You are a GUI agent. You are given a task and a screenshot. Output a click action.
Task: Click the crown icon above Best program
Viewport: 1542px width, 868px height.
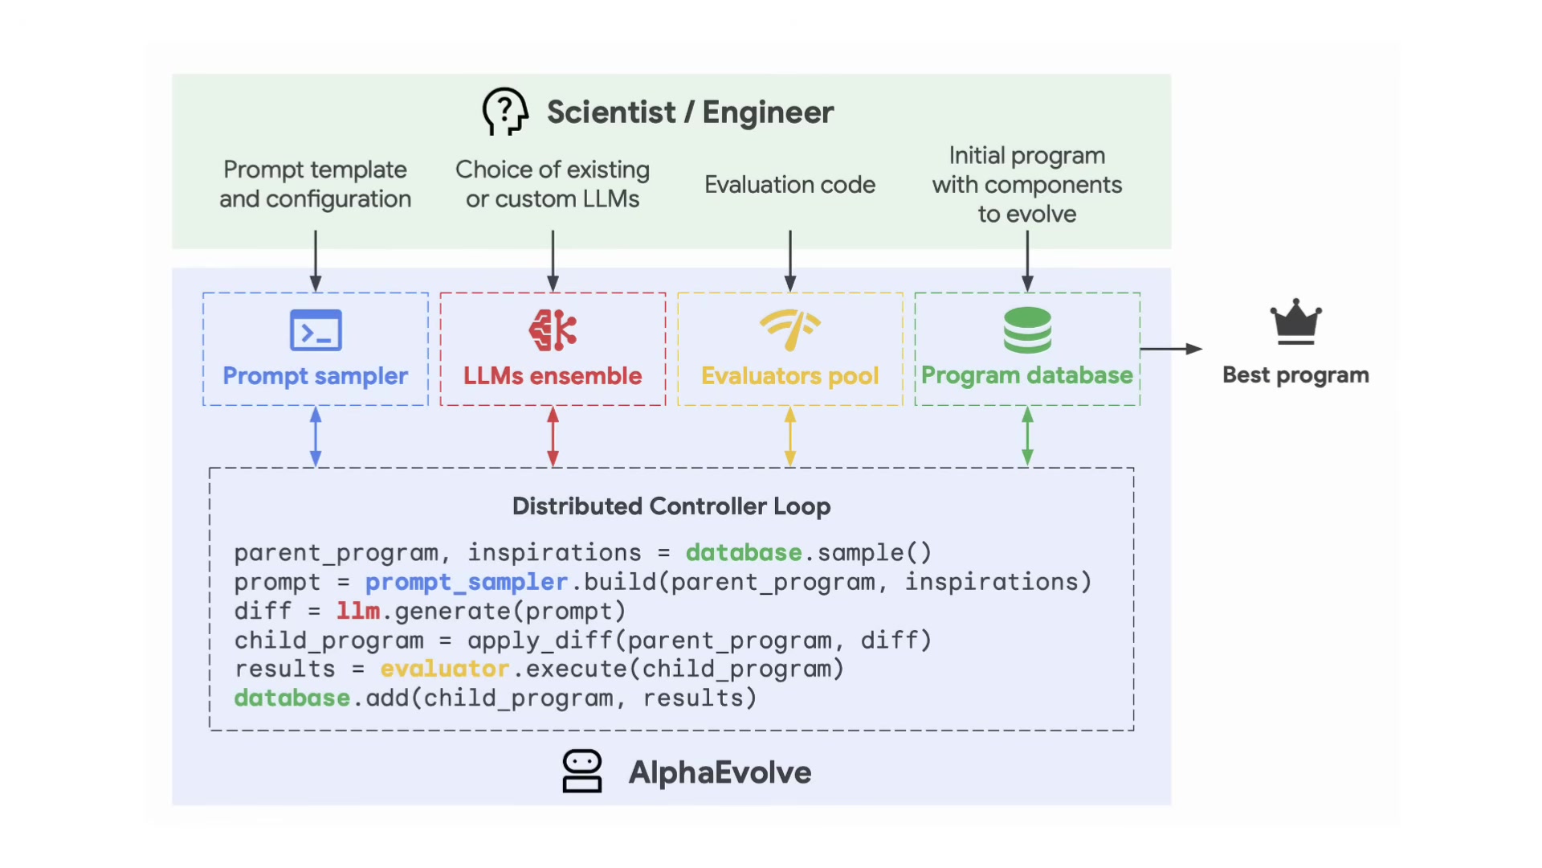(1295, 322)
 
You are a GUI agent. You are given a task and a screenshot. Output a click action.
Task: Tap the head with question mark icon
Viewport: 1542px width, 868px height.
(505, 111)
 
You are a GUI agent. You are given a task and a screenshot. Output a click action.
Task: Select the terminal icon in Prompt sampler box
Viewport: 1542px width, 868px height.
(316, 330)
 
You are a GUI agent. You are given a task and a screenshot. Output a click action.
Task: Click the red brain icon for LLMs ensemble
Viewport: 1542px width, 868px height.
(553, 330)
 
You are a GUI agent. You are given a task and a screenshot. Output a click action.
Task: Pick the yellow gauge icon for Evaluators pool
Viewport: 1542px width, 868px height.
(790, 330)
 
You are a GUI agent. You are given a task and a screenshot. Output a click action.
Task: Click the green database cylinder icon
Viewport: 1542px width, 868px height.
(1027, 330)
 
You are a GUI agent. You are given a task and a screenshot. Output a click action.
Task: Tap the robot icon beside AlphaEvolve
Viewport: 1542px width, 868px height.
(582, 772)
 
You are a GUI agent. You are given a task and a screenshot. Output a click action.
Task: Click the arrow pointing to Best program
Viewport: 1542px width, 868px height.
(1171, 349)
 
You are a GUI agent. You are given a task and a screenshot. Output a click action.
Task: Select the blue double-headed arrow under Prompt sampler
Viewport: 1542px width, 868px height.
(316, 436)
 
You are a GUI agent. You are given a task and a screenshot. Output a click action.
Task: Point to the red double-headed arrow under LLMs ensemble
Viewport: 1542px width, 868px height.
(553, 436)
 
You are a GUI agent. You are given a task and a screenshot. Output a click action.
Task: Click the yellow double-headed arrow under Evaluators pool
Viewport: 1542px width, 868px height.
(790, 436)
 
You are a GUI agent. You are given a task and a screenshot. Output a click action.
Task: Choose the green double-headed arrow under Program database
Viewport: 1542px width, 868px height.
(1027, 436)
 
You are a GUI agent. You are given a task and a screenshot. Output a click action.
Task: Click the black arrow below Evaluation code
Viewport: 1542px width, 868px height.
(790, 261)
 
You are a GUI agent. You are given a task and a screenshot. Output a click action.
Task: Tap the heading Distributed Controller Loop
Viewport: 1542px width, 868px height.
(671, 506)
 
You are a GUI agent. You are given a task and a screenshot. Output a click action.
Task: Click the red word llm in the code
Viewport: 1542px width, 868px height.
(358, 611)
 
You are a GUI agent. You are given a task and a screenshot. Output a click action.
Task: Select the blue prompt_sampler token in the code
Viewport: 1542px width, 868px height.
(467, 582)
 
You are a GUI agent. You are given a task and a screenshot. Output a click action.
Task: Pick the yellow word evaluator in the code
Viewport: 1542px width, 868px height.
(444, 669)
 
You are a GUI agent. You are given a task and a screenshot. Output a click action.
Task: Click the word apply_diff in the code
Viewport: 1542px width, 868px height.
(540, 641)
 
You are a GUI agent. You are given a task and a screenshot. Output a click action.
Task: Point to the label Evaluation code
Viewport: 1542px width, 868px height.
(790, 185)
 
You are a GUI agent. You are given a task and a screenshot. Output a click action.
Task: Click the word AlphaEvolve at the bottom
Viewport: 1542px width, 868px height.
(720, 772)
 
